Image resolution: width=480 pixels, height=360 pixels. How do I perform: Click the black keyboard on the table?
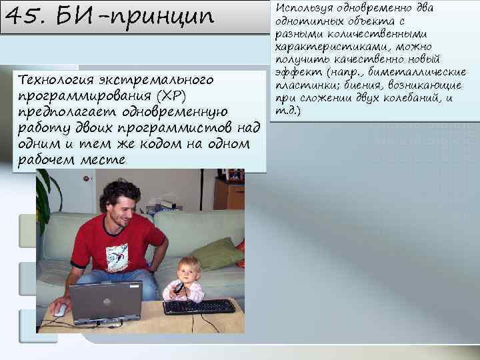[199, 307]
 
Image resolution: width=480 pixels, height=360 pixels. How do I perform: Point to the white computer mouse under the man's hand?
[60, 310]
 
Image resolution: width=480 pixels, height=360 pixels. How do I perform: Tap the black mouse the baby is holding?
[179, 288]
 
